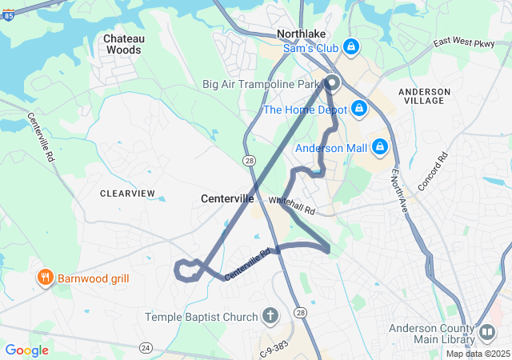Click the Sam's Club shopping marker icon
[x=350, y=48]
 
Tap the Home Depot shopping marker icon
[x=359, y=109]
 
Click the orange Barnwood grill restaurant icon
[x=45, y=278]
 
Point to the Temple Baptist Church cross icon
[x=270, y=317]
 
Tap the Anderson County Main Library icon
[x=487, y=331]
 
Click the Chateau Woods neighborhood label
[x=122, y=44]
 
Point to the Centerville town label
[x=227, y=198]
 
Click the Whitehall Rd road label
[x=293, y=206]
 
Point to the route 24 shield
[x=145, y=347]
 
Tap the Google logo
[x=26, y=350]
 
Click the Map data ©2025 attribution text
[x=478, y=354]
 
